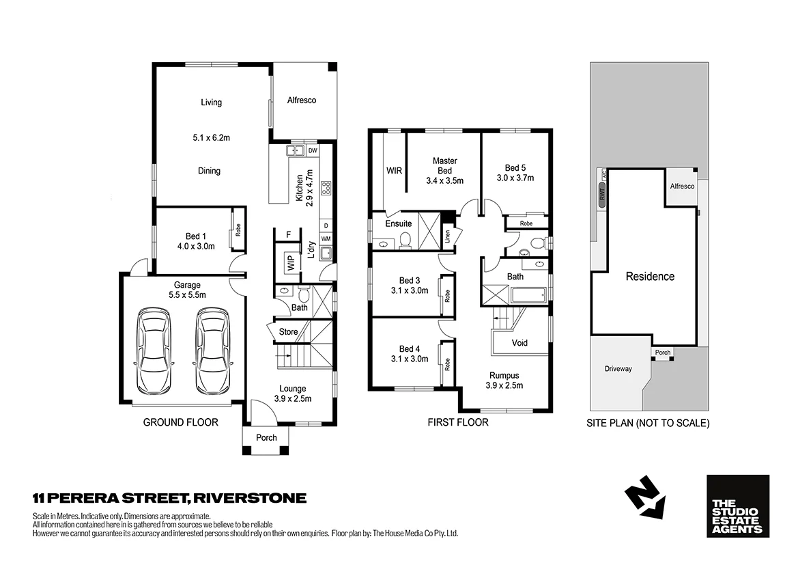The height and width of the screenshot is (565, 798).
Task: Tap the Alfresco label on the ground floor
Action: pos(301,100)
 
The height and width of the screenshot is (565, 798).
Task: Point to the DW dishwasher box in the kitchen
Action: pos(313,150)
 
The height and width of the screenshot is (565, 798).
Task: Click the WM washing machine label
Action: pos(326,238)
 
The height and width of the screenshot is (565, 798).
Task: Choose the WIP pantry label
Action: pos(289,263)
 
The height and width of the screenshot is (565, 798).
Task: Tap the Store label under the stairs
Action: pos(289,332)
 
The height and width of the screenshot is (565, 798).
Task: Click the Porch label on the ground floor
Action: pos(266,437)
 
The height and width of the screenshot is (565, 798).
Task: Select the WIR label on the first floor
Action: pos(394,170)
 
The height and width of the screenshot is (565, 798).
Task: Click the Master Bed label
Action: pos(444,165)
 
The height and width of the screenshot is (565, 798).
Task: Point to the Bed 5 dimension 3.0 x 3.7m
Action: pos(515,178)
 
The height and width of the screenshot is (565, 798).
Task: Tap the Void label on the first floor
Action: pos(519,342)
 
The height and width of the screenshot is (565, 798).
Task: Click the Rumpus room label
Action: pos(504,375)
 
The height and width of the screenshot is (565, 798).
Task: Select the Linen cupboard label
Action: pos(448,236)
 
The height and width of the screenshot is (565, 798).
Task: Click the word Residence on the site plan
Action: pos(650,277)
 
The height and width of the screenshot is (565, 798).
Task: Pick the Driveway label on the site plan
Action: pos(618,369)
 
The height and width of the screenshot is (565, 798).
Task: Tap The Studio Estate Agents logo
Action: pos(737,506)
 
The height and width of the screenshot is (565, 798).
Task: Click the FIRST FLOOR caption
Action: pos(457,422)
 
